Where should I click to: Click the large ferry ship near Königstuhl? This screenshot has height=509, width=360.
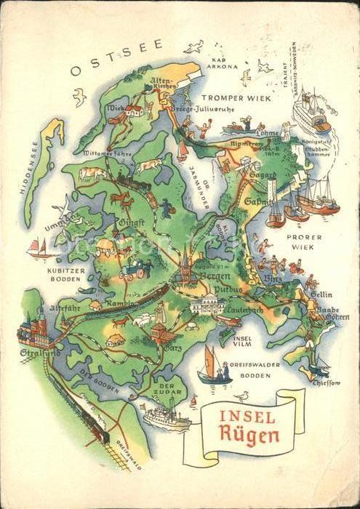point(311,115)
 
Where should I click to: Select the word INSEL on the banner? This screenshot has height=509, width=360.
point(247,417)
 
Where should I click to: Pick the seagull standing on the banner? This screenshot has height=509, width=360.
point(244,397)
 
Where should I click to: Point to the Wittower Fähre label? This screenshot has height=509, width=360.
point(107,154)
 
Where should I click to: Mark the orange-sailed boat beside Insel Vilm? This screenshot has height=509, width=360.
point(211,364)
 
